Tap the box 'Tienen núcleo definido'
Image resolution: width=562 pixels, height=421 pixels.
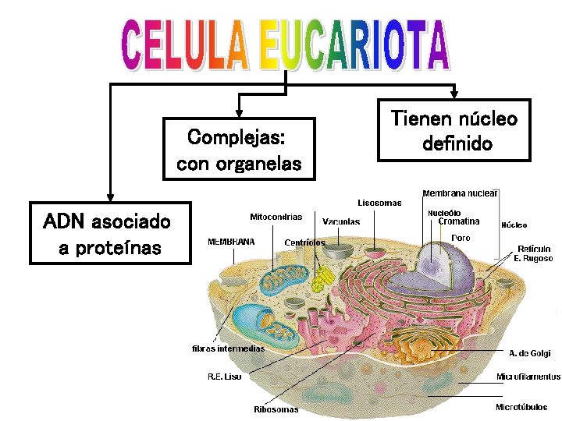click(x=454, y=130)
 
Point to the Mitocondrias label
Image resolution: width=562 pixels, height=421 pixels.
click(x=276, y=216)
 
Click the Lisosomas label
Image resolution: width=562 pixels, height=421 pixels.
click(x=379, y=203)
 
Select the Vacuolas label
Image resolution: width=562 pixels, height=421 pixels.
click(x=341, y=221)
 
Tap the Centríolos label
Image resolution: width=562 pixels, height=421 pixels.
click(x=304, y=242)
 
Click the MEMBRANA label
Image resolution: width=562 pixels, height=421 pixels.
click(x=230, y=242)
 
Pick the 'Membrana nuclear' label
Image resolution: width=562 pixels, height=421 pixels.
click(x=461, y=193)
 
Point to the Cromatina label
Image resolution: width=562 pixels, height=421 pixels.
click(x=458, y=221)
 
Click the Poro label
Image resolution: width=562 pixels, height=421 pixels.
click(x=461, y=237)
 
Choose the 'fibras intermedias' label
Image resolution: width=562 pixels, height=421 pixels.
click(x=228, y=348)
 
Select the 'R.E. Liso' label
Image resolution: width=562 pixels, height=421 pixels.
click(x=224, y=377)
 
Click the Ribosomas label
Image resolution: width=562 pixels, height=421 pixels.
click(x=276, y=409)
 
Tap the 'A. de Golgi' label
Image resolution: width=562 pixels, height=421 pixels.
click(x=529, y=353)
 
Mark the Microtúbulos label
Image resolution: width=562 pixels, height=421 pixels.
click(x=521, y=407)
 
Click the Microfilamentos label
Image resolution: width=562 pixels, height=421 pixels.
click(x=528, y=377)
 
